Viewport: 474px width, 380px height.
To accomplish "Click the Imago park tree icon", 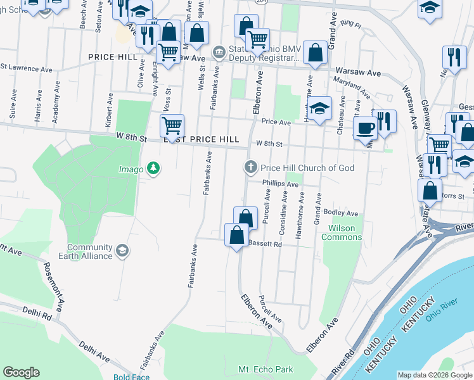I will pyautogui.click(x=153, y=168).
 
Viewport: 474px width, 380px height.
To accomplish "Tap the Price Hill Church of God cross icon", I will pyautogui.click(x=251, y=168).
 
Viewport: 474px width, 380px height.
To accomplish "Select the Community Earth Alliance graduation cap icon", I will pyautogui.click(x=122, y=251).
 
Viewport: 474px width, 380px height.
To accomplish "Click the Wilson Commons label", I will pyautogui.click(x=342, y=232).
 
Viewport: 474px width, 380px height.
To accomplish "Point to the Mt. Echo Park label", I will pyautogui.click(x=266, y=369).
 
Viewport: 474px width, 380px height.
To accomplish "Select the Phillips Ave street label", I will pyautogui.click(x=280, y=184).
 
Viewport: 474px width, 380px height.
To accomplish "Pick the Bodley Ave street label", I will pyautogui.click(x=341, y=213).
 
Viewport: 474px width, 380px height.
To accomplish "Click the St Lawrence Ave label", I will pyautogui.click(x=27, y=66).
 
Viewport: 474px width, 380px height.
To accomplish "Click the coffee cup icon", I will pyautogui.click(x=364, y=129).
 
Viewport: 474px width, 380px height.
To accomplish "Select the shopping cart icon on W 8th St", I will pyautogui.click(x=172, y=127).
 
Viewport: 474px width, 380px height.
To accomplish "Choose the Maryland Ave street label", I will pyautogui.click(x=353, y=86).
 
